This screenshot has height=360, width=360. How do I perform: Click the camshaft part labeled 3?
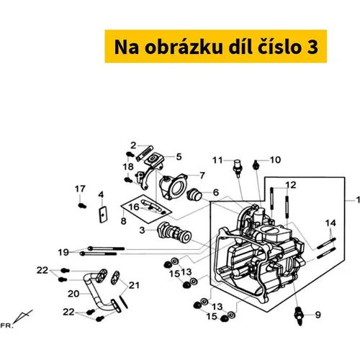tap(174, 233)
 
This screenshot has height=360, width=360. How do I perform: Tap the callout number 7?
tap(202, 176)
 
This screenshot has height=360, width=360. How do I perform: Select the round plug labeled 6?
tap(194, 194)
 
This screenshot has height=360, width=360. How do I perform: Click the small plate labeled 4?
tap(103, 215)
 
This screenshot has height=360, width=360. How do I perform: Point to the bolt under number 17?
tap(82, 206)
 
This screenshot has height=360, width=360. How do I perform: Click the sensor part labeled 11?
tap(238, 168)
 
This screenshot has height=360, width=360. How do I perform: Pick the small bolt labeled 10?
tap(256, 165)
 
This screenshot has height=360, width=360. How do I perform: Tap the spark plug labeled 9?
tap(300, 315)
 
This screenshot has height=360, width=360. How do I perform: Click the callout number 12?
tap(291, 185)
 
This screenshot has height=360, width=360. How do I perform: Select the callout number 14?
tap(330, 223)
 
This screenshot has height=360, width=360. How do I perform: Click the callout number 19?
tap(63, 252)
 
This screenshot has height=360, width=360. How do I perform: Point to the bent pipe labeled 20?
tap(97, 290)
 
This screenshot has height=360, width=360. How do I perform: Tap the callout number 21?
tap(134, 285)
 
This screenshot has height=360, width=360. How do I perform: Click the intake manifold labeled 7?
tap(174, 186)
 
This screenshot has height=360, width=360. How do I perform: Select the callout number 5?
tap(179, 157)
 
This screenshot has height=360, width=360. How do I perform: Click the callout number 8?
tap(123, 221)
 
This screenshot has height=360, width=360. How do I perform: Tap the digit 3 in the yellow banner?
tap(312, 48)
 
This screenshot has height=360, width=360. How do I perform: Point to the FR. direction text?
tap(6, 325)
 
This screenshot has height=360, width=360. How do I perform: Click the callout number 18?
tap(128, 166)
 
